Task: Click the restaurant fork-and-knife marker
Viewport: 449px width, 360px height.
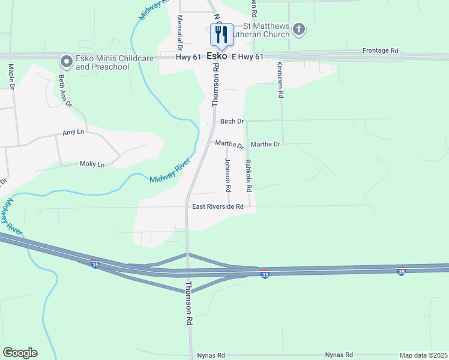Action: point(221,35)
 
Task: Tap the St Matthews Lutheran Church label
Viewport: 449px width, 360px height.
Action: point(266,31)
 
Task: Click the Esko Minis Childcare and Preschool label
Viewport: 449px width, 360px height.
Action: point(106,62)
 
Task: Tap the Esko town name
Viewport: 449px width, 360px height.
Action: point(216,56)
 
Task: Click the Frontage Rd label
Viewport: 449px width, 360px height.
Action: point(381,52)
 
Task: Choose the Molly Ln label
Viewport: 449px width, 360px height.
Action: point(92,164)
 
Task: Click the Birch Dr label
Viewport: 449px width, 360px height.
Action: point(232,121)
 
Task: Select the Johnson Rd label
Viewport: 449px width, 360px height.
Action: point(228,175)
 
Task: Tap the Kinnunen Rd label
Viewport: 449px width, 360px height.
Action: point(280,82)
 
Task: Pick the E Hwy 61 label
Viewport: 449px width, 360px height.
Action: point(247,57)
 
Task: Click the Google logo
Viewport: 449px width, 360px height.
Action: point(20,353)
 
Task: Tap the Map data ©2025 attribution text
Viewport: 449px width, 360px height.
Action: point(423,355)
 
